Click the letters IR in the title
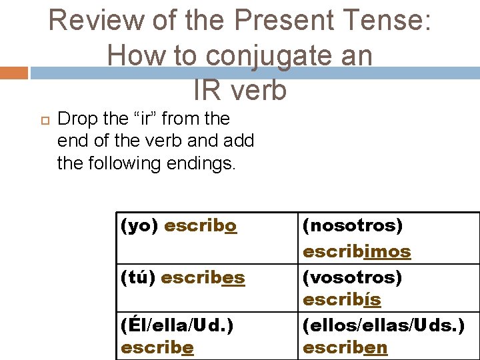coord(208,90)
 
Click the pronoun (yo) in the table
coord(139,226)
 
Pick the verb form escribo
coord(201,226)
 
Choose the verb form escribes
coord(203,277)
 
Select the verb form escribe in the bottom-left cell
coord(157,347)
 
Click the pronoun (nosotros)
coord(353,226)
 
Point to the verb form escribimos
coord(357,251)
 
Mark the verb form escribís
coord(342,300)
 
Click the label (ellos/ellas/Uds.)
coord(383,325)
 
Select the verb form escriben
coord(345,347)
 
